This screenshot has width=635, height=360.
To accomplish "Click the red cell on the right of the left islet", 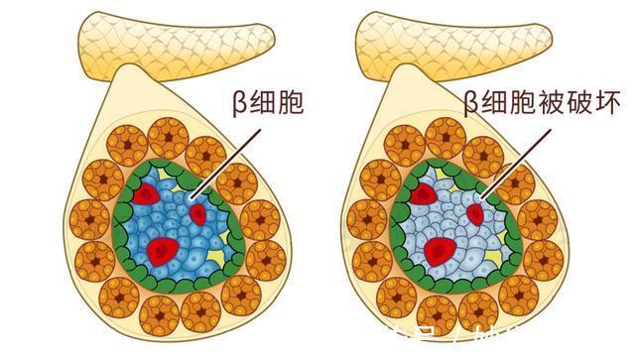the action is pos(198,213).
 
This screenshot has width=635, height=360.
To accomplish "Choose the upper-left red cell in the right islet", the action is pos(424,193).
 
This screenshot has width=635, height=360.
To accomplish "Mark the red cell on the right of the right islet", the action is pos(475,213).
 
